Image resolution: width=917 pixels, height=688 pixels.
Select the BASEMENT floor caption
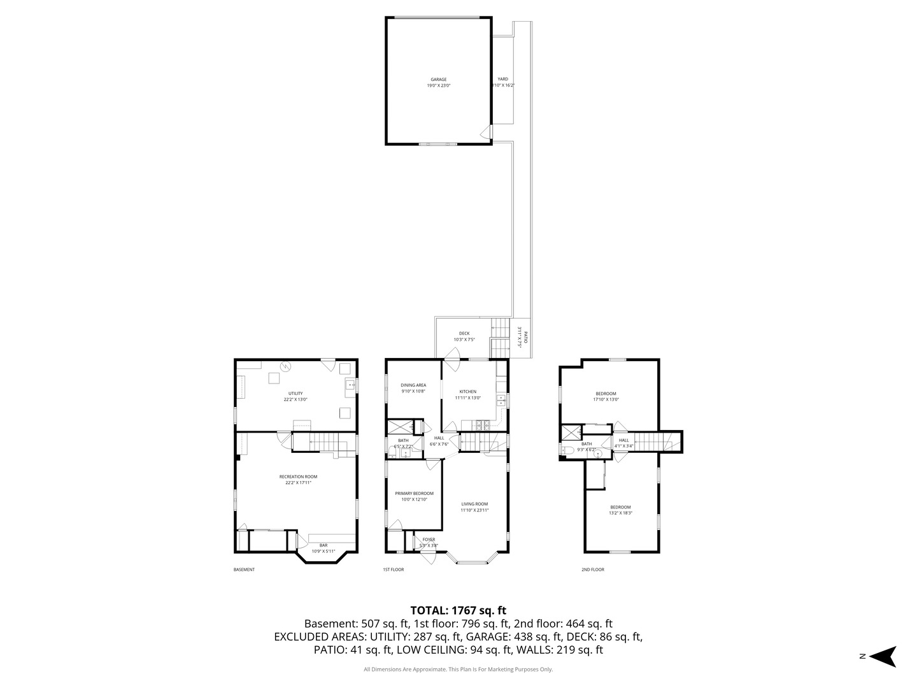244,570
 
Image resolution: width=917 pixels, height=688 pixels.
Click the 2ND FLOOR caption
592,570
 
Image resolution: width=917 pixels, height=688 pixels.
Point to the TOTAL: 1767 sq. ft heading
458,610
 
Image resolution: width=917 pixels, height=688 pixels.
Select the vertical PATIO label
523,336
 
